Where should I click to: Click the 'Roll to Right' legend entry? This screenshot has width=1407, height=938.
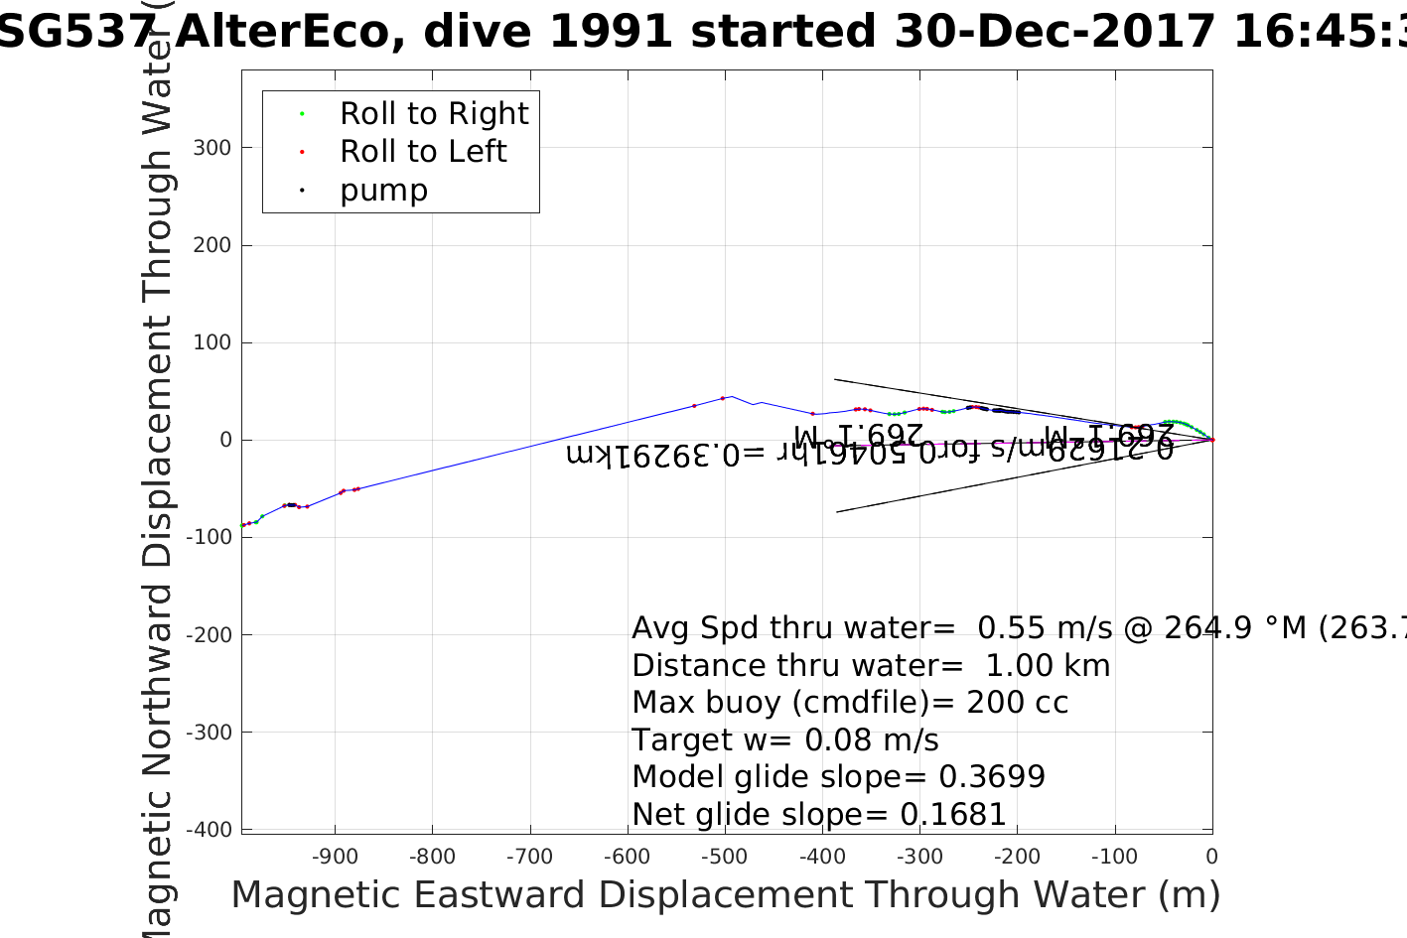coord(433,114)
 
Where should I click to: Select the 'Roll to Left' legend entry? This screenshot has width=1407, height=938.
coord(423,152)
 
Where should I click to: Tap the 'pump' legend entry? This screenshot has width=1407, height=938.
coord(383,191)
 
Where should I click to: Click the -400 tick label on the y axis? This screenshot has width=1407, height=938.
coord(211,830)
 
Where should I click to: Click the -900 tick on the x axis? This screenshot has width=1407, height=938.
coord(336,857)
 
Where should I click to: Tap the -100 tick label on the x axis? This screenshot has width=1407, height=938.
coord(1114,857)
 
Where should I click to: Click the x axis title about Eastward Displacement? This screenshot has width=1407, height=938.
coord(725,895)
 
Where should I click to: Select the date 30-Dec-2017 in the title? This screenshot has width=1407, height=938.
coord(1055,32)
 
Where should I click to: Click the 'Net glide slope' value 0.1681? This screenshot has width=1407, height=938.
coord(953,815)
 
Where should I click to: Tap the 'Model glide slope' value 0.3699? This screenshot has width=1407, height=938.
coord(992,777)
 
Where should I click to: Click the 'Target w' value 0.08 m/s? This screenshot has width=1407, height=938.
coord(871,740)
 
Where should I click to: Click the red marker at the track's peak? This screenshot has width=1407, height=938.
coord(723,398)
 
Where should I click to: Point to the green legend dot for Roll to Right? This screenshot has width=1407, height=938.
coord(302,114)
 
